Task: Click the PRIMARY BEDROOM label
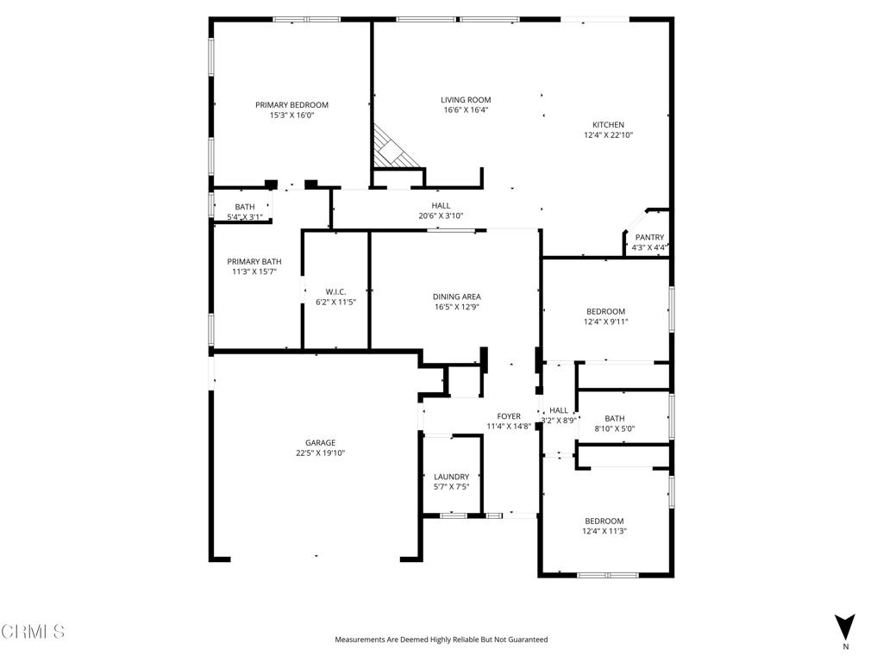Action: [291, 105]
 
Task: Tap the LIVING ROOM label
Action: [466, 100]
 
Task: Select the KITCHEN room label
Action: [608, 125]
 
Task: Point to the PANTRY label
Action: [649, 237]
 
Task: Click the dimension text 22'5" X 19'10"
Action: [320, 453]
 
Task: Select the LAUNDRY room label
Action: [451, 477]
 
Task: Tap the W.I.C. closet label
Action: [335, 292]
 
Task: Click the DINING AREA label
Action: [456, 297]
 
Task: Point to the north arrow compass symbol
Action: [845, 628]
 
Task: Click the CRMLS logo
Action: [33, 632]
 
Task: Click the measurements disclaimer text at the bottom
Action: [441, 640]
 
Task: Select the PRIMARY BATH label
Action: [254, 262]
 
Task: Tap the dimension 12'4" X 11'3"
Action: [604, 532]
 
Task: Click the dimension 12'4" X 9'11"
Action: [606, 322]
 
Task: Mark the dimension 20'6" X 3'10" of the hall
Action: [441, 216]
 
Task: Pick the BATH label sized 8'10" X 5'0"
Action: [614, 418]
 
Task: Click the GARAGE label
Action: [320, 443]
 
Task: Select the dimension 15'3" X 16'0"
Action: [291, 116]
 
